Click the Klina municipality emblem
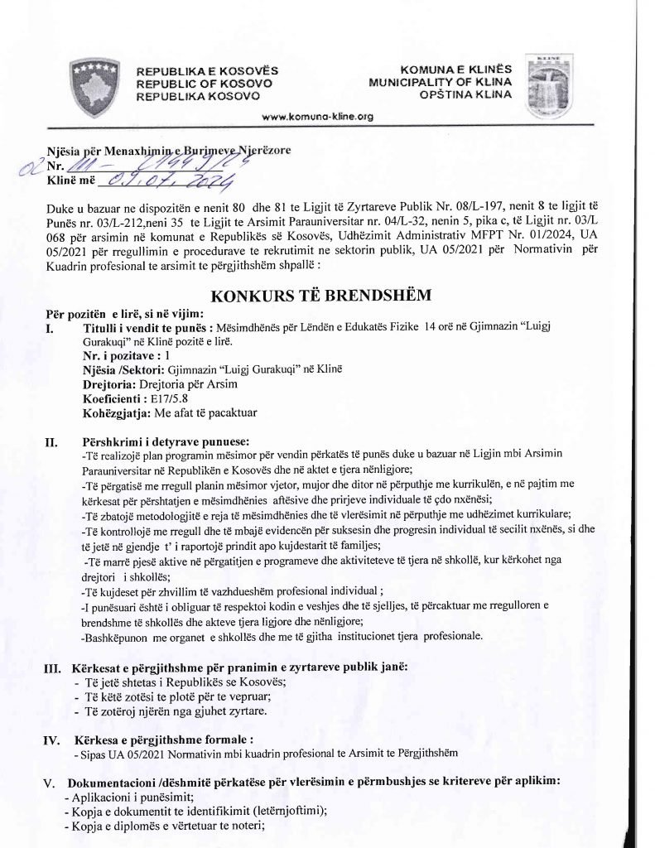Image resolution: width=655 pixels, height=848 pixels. click(x=554, y=83)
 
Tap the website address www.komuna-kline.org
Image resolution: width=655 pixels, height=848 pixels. click(x=318, y=117)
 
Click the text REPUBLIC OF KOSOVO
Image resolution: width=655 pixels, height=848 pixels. click(x=203, y=84)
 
